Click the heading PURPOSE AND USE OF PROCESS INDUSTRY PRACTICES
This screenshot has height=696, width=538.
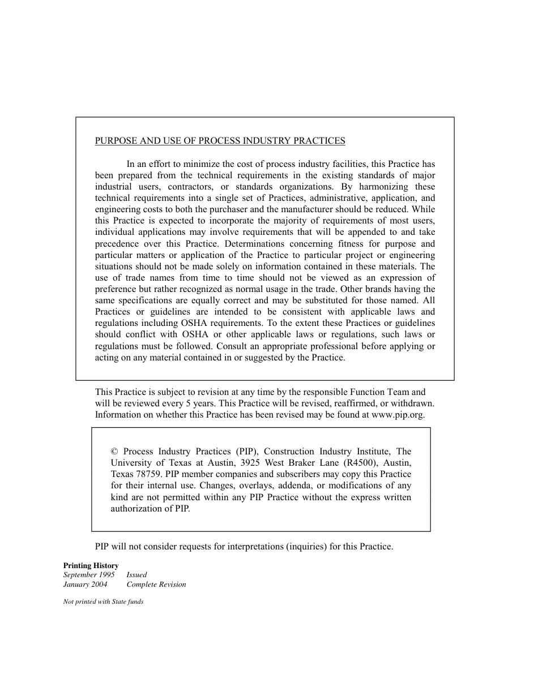tap(220, 141)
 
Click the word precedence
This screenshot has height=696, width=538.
tap(117, 244)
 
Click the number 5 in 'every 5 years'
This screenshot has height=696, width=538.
tap(186, 403)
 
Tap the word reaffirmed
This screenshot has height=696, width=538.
tap(355, 403)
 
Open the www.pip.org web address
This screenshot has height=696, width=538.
tap(397, 415)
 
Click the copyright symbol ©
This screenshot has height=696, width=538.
tap(114, 452)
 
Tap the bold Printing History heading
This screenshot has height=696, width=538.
tap(91, 565)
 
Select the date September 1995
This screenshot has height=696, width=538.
tap(89, 575)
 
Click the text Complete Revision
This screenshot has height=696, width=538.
tap(156, 585)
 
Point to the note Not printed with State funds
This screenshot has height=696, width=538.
tap(103, 602)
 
